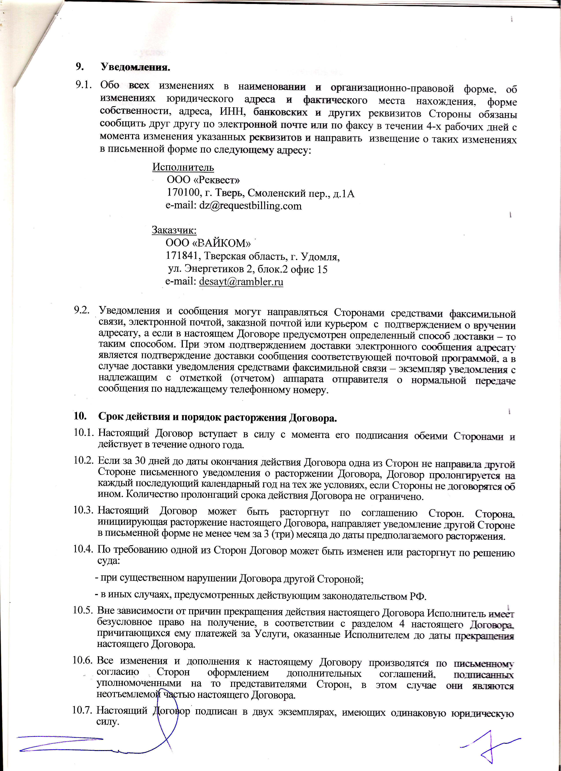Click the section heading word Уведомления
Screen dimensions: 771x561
point(135,67)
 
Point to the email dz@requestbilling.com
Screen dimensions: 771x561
point(250,206)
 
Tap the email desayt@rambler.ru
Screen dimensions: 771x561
point(241,281)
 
